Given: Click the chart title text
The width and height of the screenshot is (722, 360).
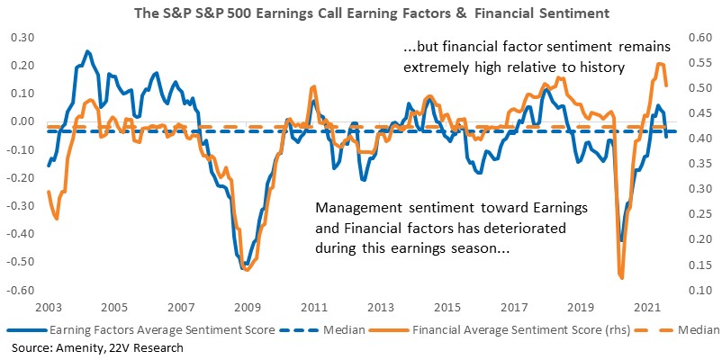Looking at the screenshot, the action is click(372, 13).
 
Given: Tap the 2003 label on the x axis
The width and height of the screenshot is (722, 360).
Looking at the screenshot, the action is click(47, 307).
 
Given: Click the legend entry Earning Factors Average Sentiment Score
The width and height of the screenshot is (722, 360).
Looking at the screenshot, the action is click(142, 330).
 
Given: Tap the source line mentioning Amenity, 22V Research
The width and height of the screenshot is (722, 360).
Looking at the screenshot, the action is click(97, 347).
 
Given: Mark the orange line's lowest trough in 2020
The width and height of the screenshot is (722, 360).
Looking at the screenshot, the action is click(622, 278).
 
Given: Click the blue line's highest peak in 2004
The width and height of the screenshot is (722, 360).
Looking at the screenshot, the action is click(87, 51).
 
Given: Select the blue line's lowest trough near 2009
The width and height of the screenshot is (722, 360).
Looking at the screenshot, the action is click(244, 266).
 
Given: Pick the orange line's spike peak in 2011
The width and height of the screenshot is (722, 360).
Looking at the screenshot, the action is click(314, 86).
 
